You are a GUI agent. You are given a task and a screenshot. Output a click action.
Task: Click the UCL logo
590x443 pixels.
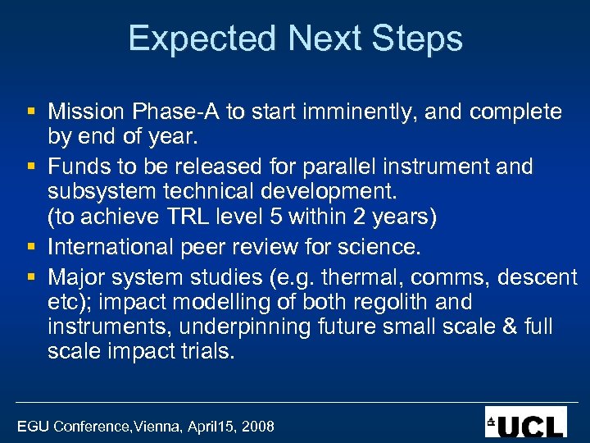point(525,422)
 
